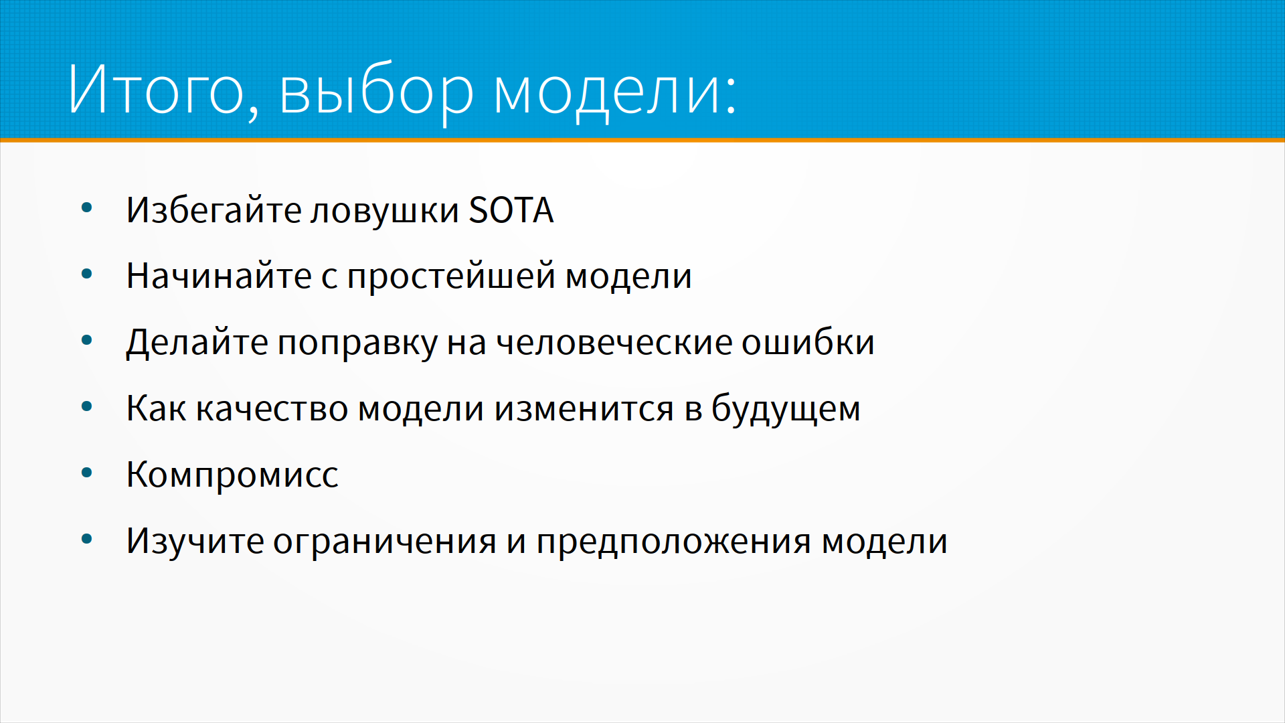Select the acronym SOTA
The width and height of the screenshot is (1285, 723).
(x=511, y=210)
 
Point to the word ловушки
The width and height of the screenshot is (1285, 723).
(x=385, y=211)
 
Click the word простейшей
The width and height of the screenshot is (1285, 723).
(x=451, y=276)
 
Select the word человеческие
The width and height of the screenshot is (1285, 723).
(x=614, y=343)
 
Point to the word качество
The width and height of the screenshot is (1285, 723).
(x=272, y=408)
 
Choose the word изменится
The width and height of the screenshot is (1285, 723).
(x=584, y=408)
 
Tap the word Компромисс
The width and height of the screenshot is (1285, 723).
(x=232, y=475)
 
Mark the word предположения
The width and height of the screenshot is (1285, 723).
(x=674, y=542)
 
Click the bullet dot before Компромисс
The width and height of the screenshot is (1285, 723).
(x=86, y=473)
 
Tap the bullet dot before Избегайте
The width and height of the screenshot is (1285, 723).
(x=86, y=208)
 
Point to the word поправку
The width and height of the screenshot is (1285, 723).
(x=357, y=343)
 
